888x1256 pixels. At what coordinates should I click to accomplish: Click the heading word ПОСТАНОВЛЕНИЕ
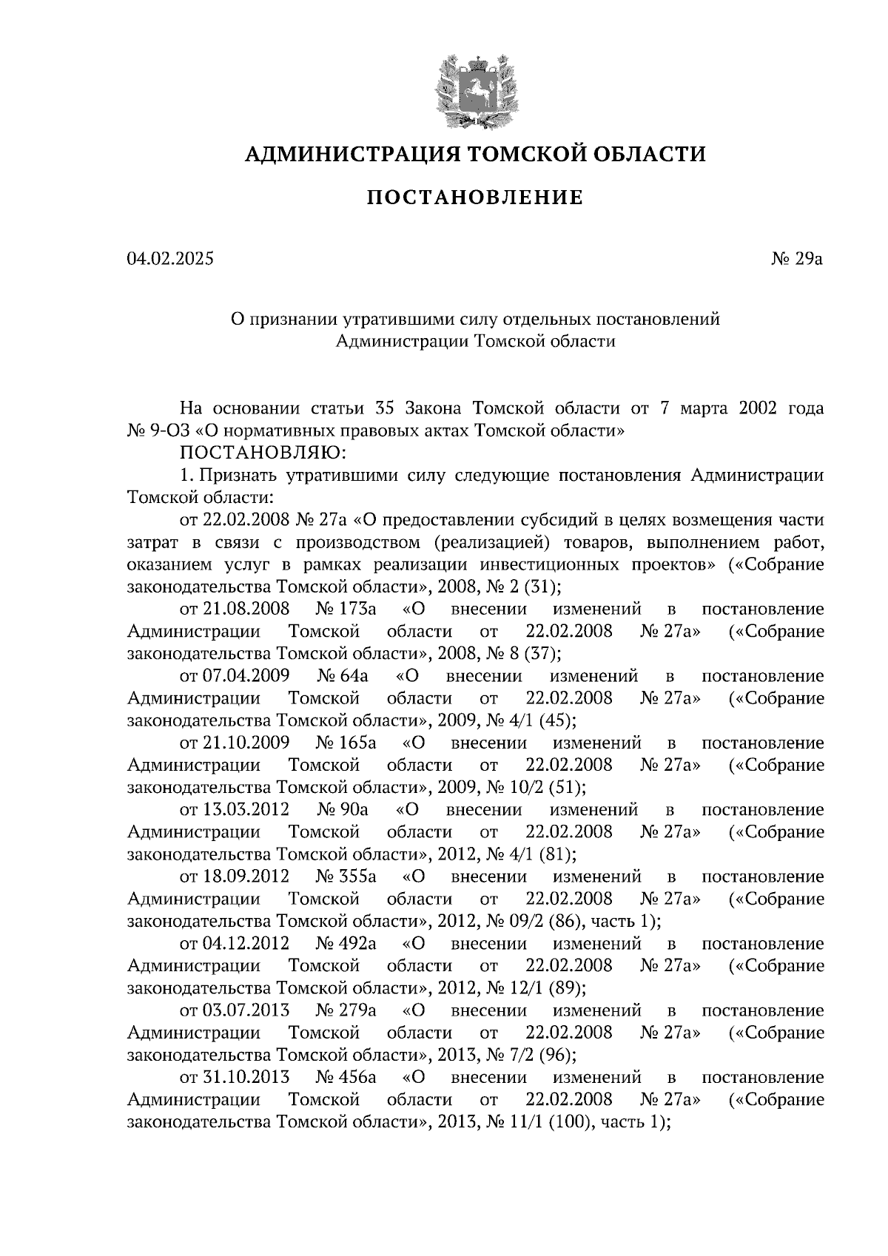tap(476, 198)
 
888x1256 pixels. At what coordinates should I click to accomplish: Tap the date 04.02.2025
tap(170, 259)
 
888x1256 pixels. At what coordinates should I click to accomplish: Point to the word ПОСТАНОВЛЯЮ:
tap(258, 452)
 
